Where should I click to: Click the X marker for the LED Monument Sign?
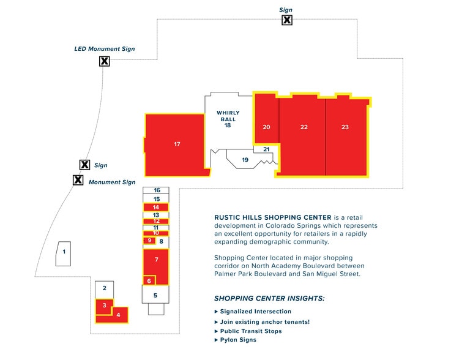coord(105,61)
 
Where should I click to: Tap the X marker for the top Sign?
coord(286,20)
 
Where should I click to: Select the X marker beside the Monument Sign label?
coord(78,181)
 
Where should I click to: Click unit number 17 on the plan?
coord(176,144)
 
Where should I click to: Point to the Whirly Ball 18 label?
coord(227,119)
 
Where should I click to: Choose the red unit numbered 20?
coord(266,127)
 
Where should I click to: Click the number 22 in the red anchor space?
coord(304,127)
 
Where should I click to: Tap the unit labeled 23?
coord(345,127)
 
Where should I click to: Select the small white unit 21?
coord(266,149)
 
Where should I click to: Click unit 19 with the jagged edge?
coord(245,160)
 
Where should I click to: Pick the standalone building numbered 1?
coord(64,252)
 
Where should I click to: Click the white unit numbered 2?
coord(105,288)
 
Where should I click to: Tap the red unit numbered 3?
coord(105,305)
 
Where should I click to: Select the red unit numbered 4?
coord(119,315)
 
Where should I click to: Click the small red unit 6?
coord(149,281)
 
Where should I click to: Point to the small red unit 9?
coord(149,241)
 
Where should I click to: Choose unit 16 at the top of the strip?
coord(157,190)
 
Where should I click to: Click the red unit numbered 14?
coord(156,207)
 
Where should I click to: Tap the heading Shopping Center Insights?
coord(269,299)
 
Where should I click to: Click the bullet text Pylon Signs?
coord(238,340)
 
